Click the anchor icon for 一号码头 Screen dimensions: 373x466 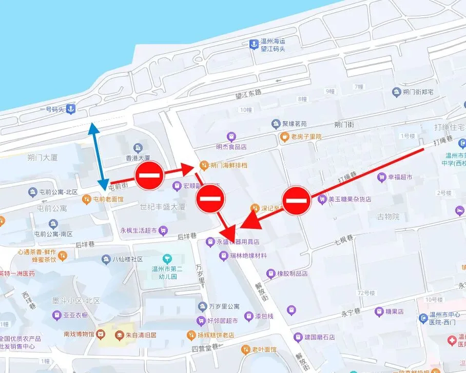pyautogui.click(x=71, y=109)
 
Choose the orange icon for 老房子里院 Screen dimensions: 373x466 pyautogui.click(x=284, y=136)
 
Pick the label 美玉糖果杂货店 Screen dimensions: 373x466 pyautogui.click(x=350, y=199)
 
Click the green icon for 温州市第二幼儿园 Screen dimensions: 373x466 pyautogui.click(x=167, y=258)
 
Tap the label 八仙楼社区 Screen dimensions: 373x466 pyautogui.click(x=128, y=259)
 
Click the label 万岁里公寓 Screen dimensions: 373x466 pyautogui.click(x=224, y=307)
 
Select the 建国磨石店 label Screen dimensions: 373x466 pyautogui.click(x=319, y=338)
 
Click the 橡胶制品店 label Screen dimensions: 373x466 pyautogui.click(x=292, y=273)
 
